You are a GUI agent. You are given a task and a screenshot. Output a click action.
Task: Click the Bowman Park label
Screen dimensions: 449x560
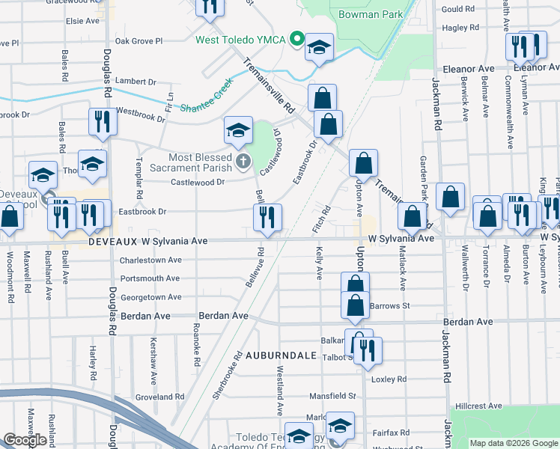[x=371, y=14]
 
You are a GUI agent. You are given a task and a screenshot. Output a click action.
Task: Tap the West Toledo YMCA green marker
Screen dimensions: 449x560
[x=297, y=39]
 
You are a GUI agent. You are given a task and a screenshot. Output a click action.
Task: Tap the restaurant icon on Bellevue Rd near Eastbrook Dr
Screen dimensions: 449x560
[x=267, y=218]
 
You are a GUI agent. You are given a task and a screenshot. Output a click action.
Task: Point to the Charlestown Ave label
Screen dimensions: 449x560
[x=150, y=260]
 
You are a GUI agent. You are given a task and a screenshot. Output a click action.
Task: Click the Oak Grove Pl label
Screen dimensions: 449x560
[x=139, y=41]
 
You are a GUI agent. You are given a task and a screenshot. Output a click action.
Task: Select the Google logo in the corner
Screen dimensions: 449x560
[x=25, y=441]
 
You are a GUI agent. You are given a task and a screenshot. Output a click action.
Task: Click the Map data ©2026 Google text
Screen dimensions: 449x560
[x=513, y=443]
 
